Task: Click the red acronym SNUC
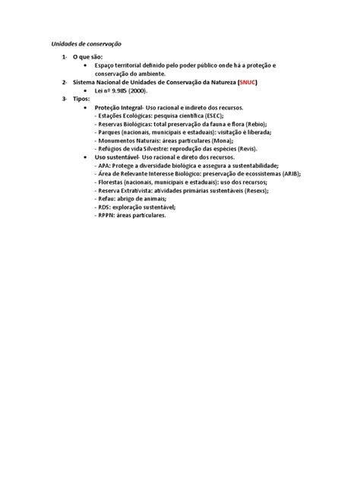coord(248,82)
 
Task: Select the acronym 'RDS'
coord(105,207)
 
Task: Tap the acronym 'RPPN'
coord(107,215)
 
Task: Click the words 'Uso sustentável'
coord(115,157)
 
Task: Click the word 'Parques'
coord(111,132)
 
